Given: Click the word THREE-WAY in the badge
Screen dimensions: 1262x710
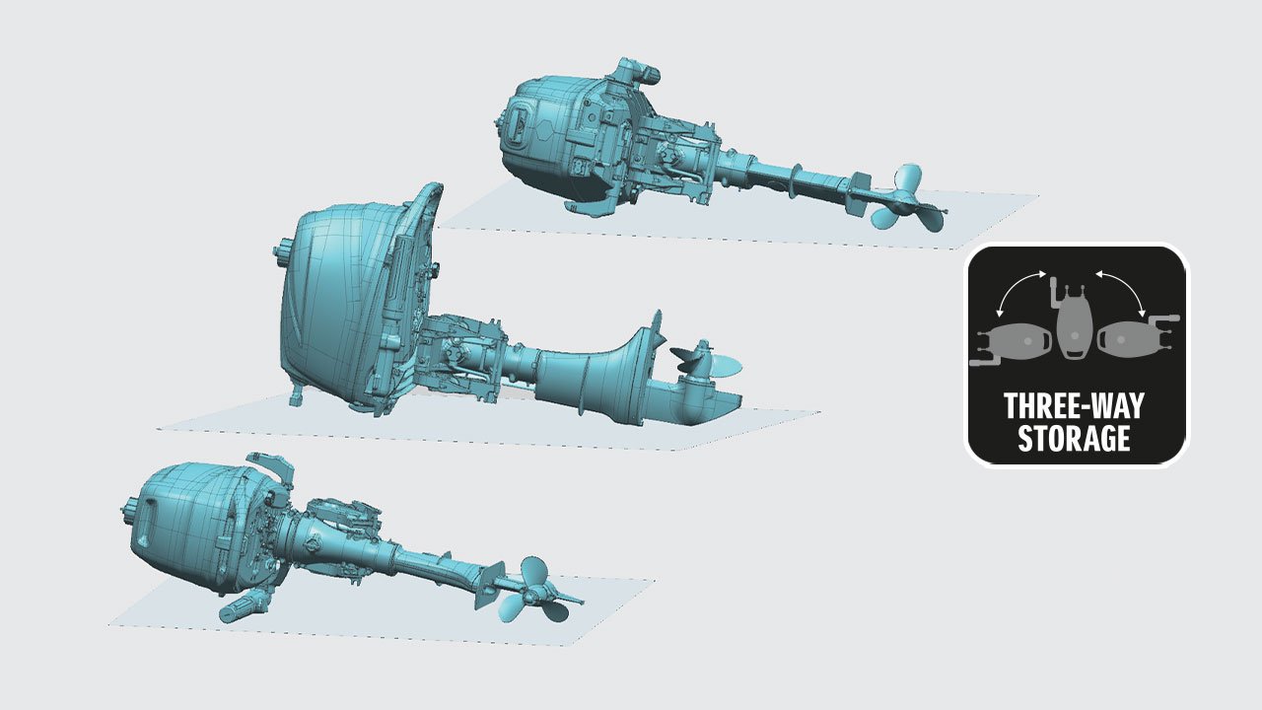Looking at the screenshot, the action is (x=1074, y=405).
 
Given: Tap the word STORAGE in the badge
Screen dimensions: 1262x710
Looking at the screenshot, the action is (x=1074, y=438).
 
